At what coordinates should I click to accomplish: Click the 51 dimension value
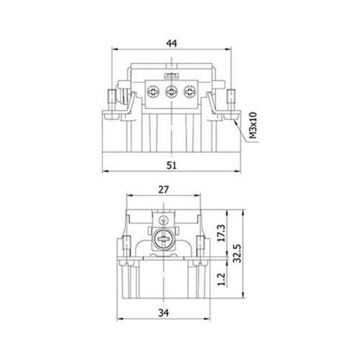click(172, 163)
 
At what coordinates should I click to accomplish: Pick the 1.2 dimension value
click(220, 280)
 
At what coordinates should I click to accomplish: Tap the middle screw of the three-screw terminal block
click(171, 92)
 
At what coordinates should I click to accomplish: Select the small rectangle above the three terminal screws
click(172, 76)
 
